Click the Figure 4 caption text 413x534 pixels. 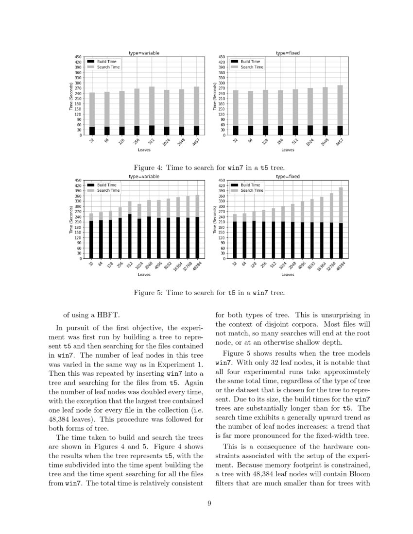[x=206, y=167]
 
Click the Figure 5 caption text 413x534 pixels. [x=206, y=293]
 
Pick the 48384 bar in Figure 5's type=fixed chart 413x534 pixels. [x=341, y=223]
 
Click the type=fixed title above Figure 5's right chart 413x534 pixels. [x=288, y=177]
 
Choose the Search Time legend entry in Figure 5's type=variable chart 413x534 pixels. [x=108, y=190]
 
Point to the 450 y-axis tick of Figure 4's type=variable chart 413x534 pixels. [x=78, y=57]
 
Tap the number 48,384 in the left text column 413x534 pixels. [x=61, y=419]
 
